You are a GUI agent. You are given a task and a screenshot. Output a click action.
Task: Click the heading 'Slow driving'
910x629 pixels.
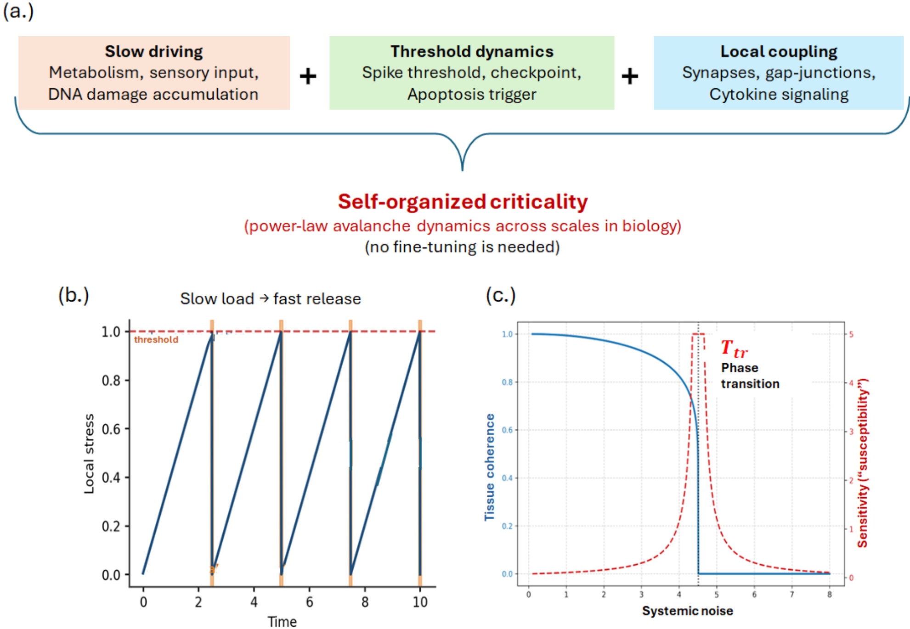(154, 51)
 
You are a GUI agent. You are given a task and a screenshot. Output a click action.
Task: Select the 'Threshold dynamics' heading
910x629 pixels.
(472, 51)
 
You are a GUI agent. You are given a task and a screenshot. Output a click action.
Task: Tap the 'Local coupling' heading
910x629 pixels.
(779, 51)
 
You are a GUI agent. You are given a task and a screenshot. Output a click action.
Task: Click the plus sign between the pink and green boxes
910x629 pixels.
(308, 76)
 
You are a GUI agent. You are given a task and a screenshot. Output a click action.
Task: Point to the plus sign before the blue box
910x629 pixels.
(630, 76)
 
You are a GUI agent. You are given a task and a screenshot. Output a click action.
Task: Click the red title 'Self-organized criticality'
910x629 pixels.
(463, 202)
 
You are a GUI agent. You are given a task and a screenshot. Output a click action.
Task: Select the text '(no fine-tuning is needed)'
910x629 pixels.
(462, 247)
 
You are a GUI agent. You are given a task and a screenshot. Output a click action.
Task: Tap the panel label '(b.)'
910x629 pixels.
(73, 295)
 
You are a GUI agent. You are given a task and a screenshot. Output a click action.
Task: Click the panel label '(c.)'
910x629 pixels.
(501, 295)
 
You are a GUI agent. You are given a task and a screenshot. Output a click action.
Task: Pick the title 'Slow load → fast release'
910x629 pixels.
(271, 299)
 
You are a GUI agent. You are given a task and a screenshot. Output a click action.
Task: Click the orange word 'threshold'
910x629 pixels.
(156, 340)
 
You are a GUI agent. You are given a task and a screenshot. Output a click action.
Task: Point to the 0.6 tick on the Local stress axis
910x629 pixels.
(111, 429)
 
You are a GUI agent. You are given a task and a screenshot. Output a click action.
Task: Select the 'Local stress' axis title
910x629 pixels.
(89, 454)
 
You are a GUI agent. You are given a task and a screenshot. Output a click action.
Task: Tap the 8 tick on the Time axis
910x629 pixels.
(365, 602)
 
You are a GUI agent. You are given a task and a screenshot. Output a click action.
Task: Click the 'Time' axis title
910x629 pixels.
(282, 622)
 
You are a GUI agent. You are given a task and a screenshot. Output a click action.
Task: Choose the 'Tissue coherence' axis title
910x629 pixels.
(490, 467)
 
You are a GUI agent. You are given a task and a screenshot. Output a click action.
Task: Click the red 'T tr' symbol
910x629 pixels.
(734, 349)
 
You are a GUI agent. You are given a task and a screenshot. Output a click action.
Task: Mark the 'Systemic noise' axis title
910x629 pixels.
(688, 611)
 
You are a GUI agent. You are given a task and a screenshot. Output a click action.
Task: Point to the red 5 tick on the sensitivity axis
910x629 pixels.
(851, 334)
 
